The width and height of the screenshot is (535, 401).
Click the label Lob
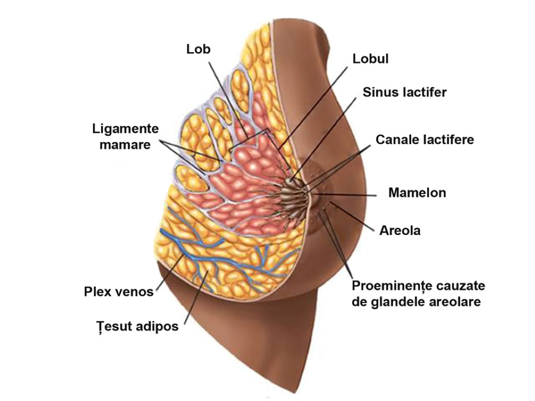(x=198, y=49)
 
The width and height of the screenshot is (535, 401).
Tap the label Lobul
(x=370, y=58)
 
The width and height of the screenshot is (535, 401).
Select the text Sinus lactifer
(x=405, y=92)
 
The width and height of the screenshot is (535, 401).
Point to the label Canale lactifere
(x=424, y=139)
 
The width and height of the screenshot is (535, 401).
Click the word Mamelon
(x=417, y=193)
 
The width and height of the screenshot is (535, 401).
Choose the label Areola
(x=400, y=230)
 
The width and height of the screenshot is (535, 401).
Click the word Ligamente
(x=125, y=128)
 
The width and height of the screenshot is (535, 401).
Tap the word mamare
(x=125, y=145)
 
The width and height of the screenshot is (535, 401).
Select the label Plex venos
(x=119, y=291)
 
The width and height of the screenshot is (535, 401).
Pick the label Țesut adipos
(x=137, y=326)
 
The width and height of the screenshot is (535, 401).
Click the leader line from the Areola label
(x=355, y=218)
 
